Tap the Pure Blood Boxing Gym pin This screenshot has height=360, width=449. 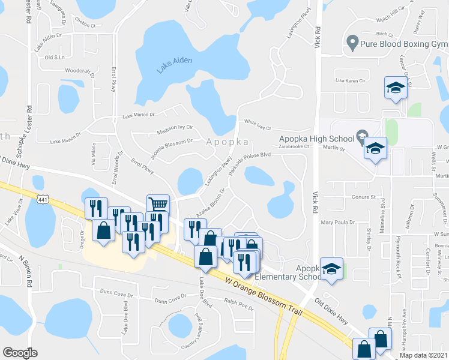[x=352, y=43]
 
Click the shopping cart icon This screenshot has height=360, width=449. [x=158, y=205]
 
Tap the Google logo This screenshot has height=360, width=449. [x=20, y=353]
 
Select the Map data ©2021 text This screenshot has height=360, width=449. [x=424, y=355]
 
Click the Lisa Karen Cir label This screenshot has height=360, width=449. [x=351, y=80]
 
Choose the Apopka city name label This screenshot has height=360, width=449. [x=228, y=142]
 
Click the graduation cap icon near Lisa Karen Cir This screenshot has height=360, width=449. [x=396, y=88]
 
